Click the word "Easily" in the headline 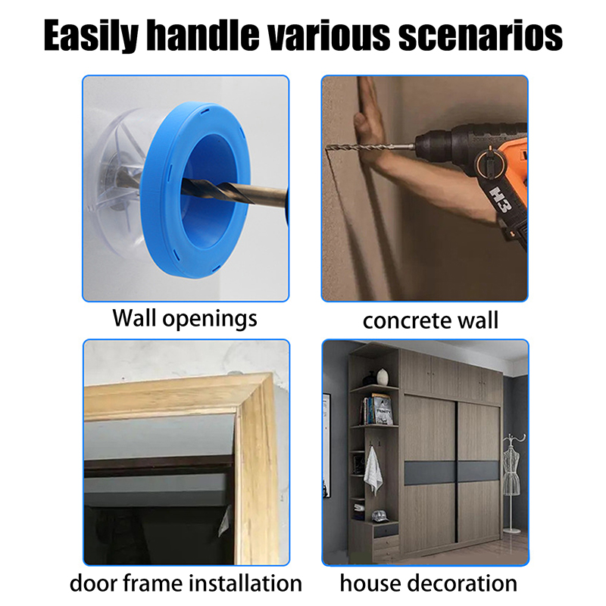click(91, 36)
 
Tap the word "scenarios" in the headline click(480, 36)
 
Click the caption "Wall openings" click(185, 319)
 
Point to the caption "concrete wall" click(430, 320)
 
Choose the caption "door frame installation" click(186, 583)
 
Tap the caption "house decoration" click(428, 583)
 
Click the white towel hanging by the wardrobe click(373, 470)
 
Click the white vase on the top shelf click(383, 376)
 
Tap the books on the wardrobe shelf click(376, 410)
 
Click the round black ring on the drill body click(488, 164)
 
